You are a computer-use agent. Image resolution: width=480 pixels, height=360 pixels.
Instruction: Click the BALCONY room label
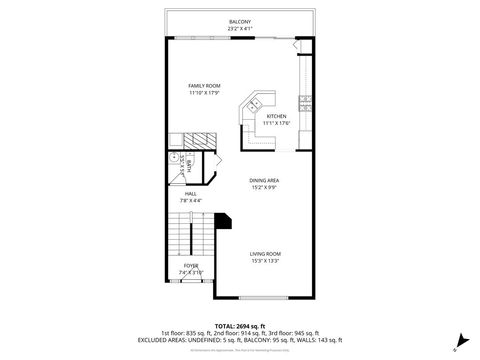240,21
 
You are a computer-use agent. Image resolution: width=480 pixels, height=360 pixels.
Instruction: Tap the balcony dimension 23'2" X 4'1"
240,27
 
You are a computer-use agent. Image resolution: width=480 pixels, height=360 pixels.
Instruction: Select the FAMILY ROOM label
204,87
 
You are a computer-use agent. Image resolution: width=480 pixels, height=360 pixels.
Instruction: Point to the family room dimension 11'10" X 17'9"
204,94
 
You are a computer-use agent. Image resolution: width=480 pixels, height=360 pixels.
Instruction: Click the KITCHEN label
276,116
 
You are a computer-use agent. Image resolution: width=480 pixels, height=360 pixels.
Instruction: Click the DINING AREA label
264,179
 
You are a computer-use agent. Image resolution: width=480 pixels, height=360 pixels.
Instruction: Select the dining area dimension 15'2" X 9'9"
264,186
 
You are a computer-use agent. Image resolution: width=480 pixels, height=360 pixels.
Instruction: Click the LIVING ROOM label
265,253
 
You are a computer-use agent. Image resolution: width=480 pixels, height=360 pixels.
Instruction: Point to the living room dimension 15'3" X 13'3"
265,260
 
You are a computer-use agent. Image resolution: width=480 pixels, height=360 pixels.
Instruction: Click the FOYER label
190,265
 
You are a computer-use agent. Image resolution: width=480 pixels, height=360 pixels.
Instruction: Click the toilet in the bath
175,158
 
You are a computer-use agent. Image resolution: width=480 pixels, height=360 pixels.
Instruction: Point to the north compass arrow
456,338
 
